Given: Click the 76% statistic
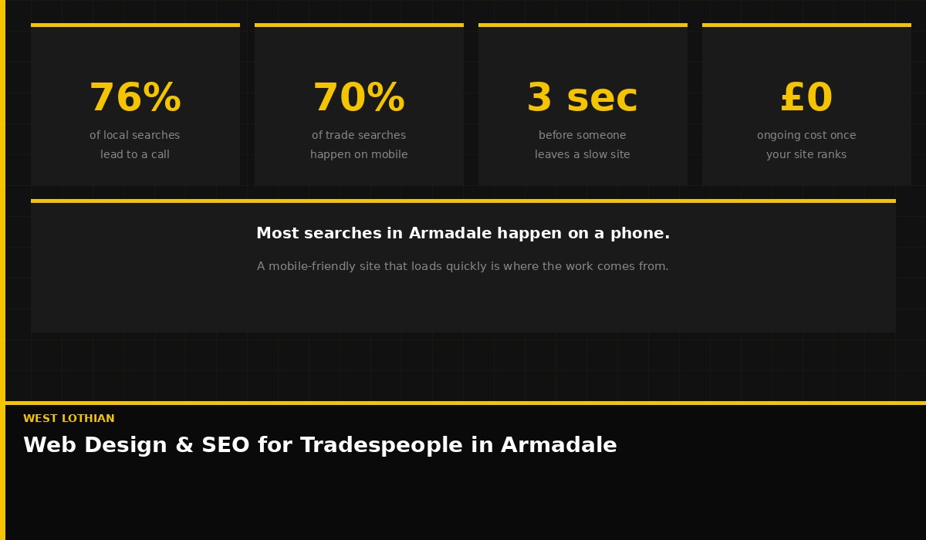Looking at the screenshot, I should tap(135, 99).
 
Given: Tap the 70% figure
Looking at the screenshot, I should tap(359, 99).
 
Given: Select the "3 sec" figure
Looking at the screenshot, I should tap(583, 99).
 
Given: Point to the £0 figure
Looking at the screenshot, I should tap(806, 99).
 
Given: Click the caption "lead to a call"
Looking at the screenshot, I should tap(135, 154).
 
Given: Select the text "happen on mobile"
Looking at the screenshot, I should tap(359, 154).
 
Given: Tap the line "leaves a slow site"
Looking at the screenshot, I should tap(583, 154).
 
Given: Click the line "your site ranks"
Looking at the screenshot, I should tap(806, 154).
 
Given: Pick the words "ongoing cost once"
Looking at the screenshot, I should tap(806, 135).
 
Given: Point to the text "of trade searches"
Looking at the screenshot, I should tap(359, 135).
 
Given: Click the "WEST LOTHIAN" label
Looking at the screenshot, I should tap(69, 419).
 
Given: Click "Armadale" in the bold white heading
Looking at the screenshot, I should tap(450, 234).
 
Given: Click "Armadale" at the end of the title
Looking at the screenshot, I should tap(559, 446).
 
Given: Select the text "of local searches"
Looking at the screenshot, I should tap(135, 135).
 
